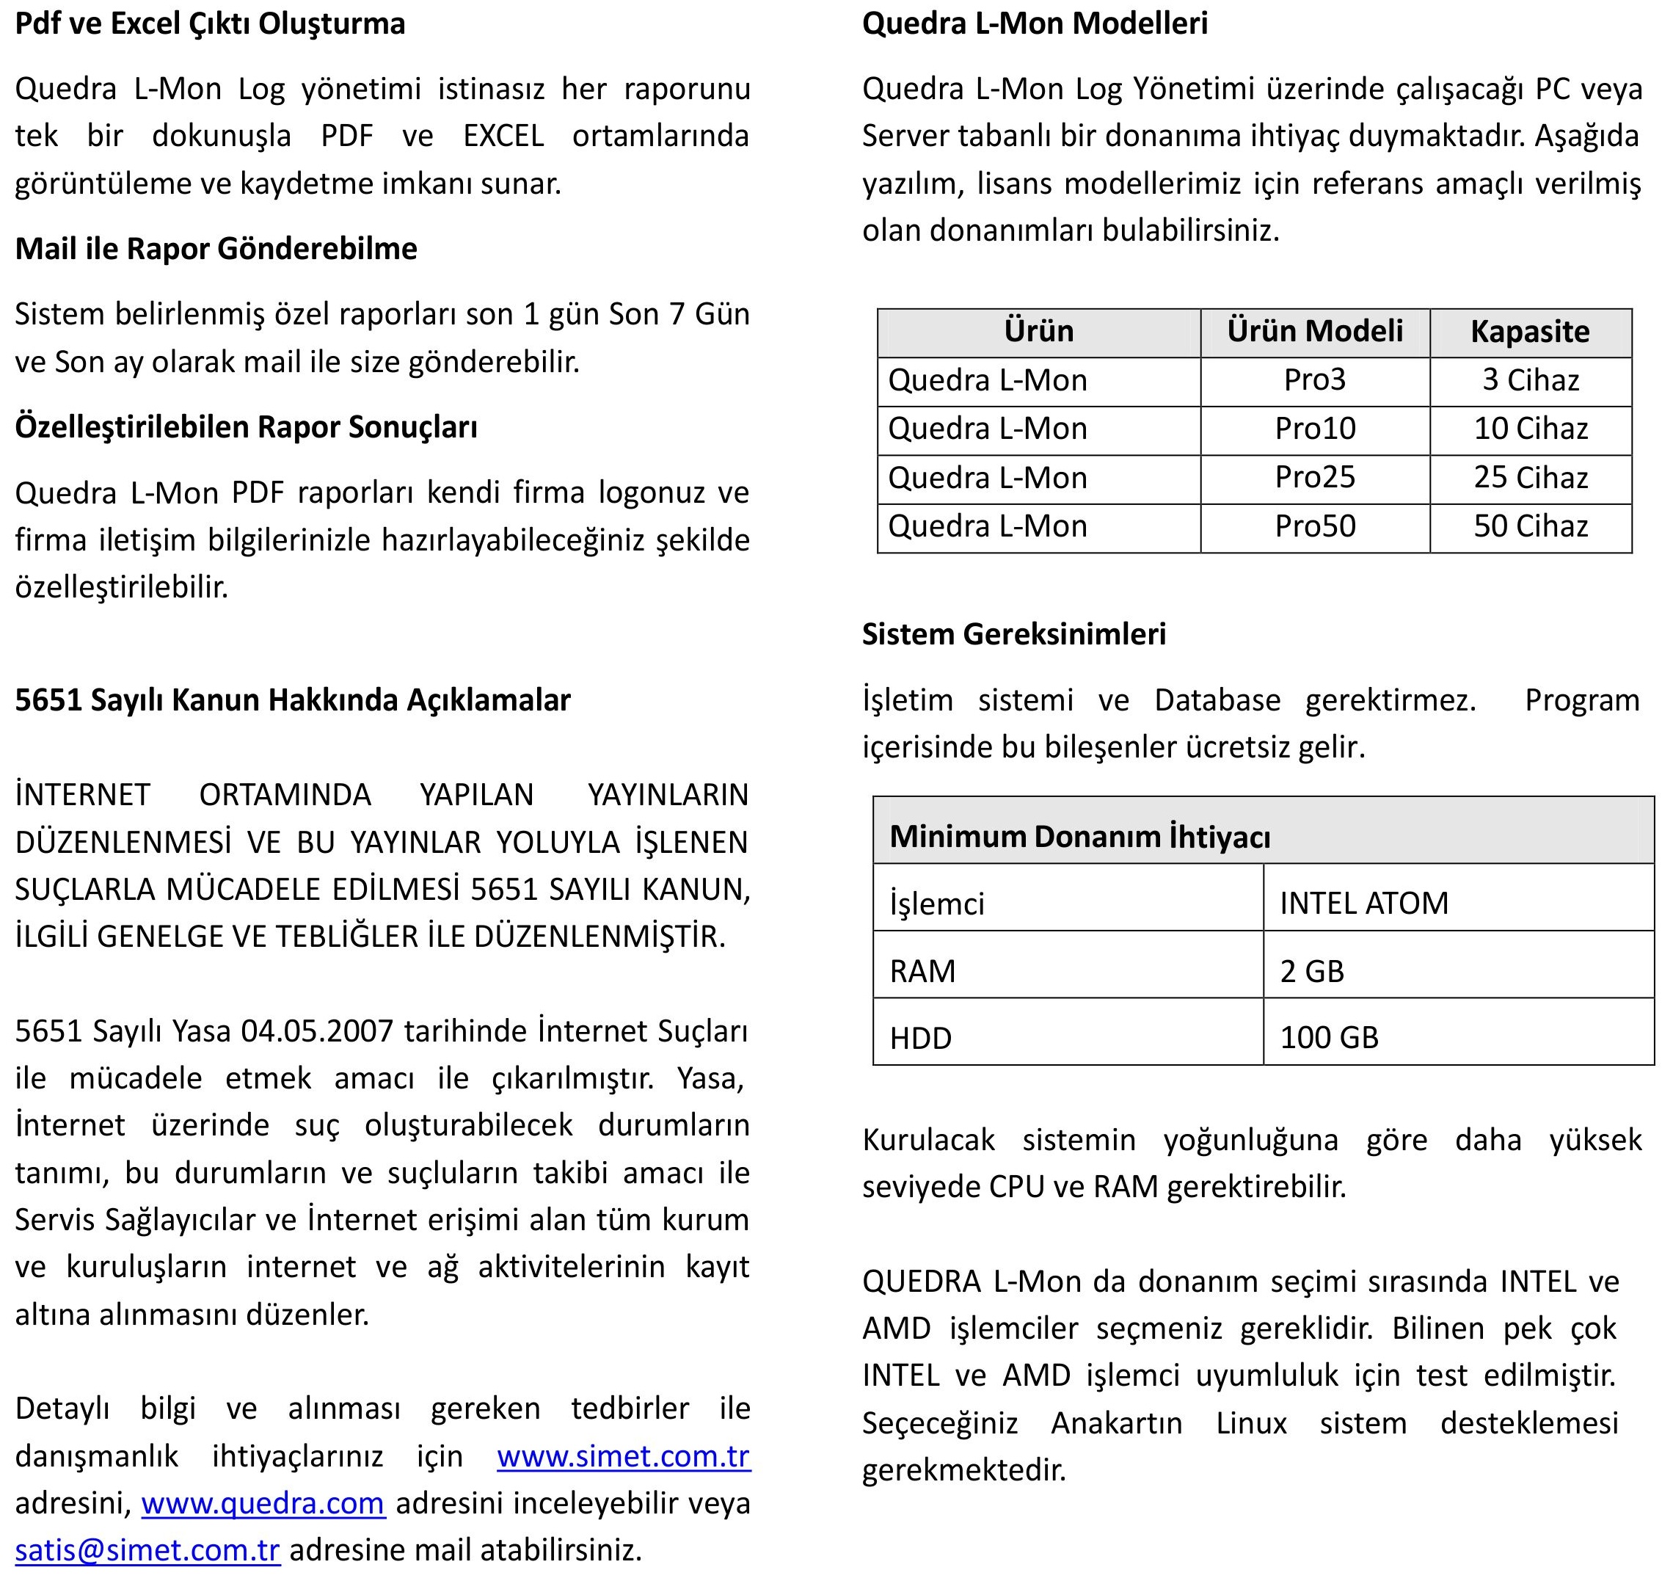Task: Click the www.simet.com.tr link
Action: click(x=623, y=1456)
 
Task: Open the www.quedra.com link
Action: click(x=263, y=1504)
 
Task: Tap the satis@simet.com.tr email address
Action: click(x=147, y=1550)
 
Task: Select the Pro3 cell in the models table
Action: click(x=1314, y=380)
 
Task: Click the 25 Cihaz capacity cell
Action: click(x=1531, y=478)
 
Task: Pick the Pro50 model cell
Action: click(x=1314, y=527)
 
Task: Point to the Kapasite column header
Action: click(x=1530, y=332)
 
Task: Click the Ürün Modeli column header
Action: click(x=1314, y=332)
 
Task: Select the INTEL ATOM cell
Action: click(x=1363, y=904)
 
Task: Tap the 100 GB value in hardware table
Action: click(x=1329, y=1037)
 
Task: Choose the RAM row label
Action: click(x=922, y=971)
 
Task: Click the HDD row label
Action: click(x=920, y=1038)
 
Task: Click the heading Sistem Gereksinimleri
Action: click(x=1013, y=634)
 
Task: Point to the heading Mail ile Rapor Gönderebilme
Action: click(x=216, y=249)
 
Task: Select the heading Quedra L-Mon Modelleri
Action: click(x=1035, y=23)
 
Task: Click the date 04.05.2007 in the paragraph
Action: click(x=317, y=1031)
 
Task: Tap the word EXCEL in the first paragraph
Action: click(x=503, y=136)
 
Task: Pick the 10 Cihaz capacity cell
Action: click(x=1531, y=429)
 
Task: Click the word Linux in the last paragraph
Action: click(x=1251, y=1422)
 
